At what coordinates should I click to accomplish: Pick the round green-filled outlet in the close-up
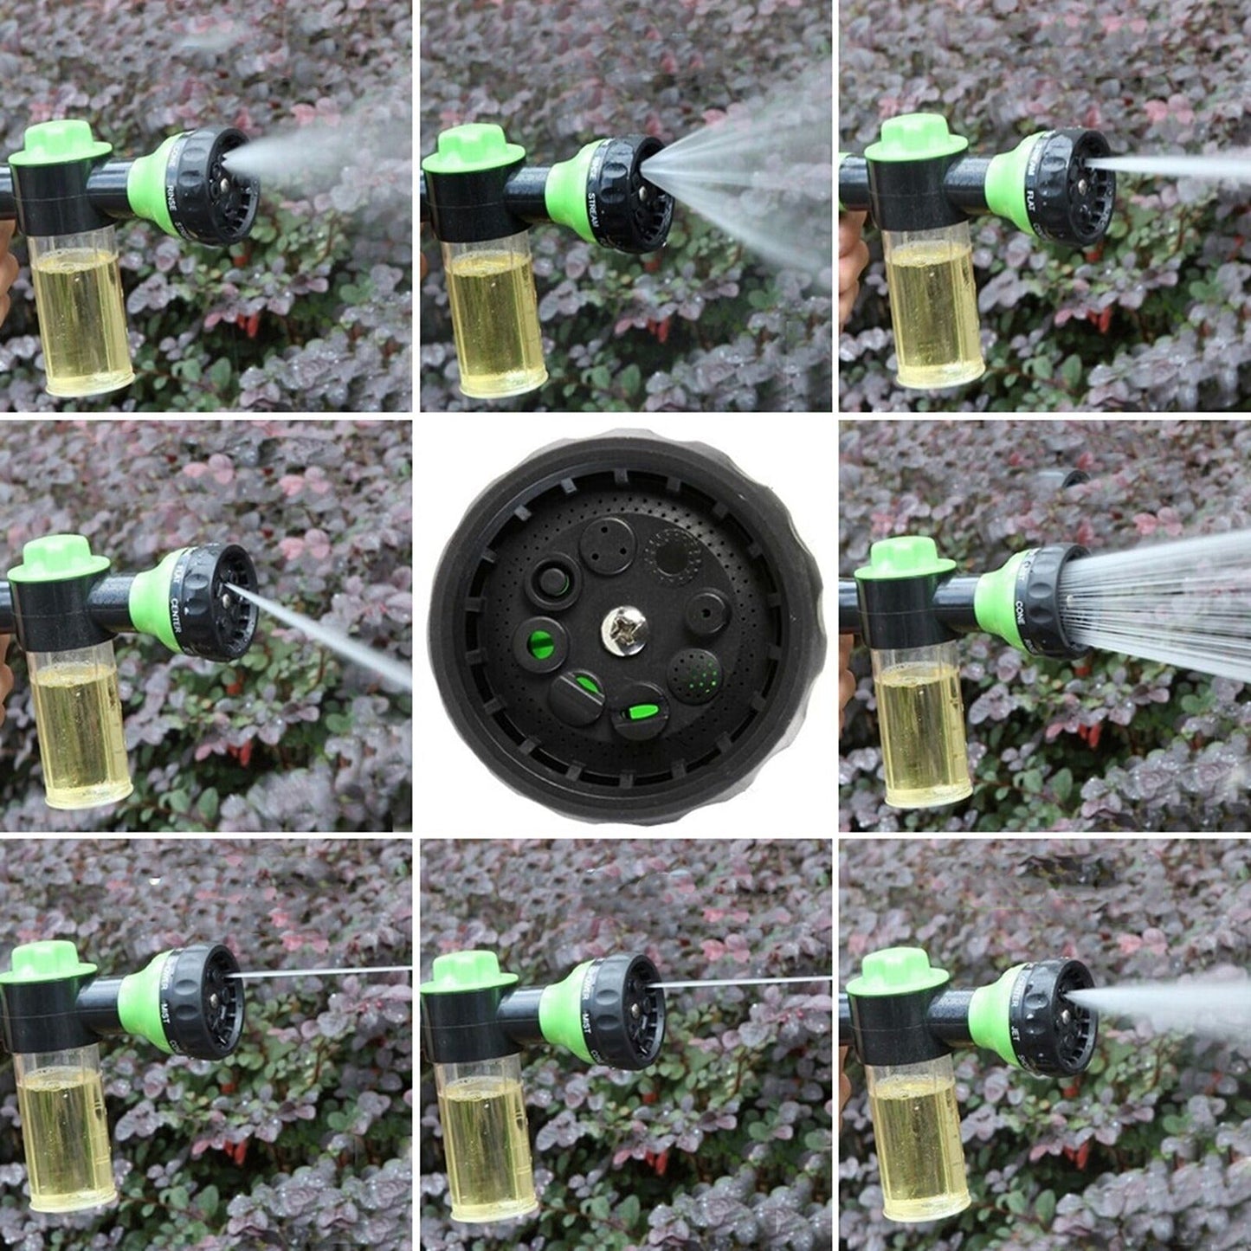point(541,645)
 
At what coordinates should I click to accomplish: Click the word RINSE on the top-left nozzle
point(172,192)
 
